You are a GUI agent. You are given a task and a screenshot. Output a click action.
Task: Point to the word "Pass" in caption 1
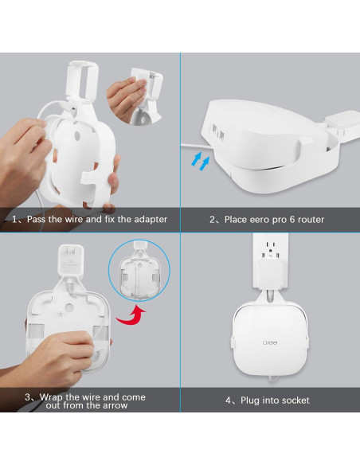pyautogui.click(x=40, y=219)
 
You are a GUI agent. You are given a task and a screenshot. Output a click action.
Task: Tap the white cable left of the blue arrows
pyautogui.click(x=187, y=145)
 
